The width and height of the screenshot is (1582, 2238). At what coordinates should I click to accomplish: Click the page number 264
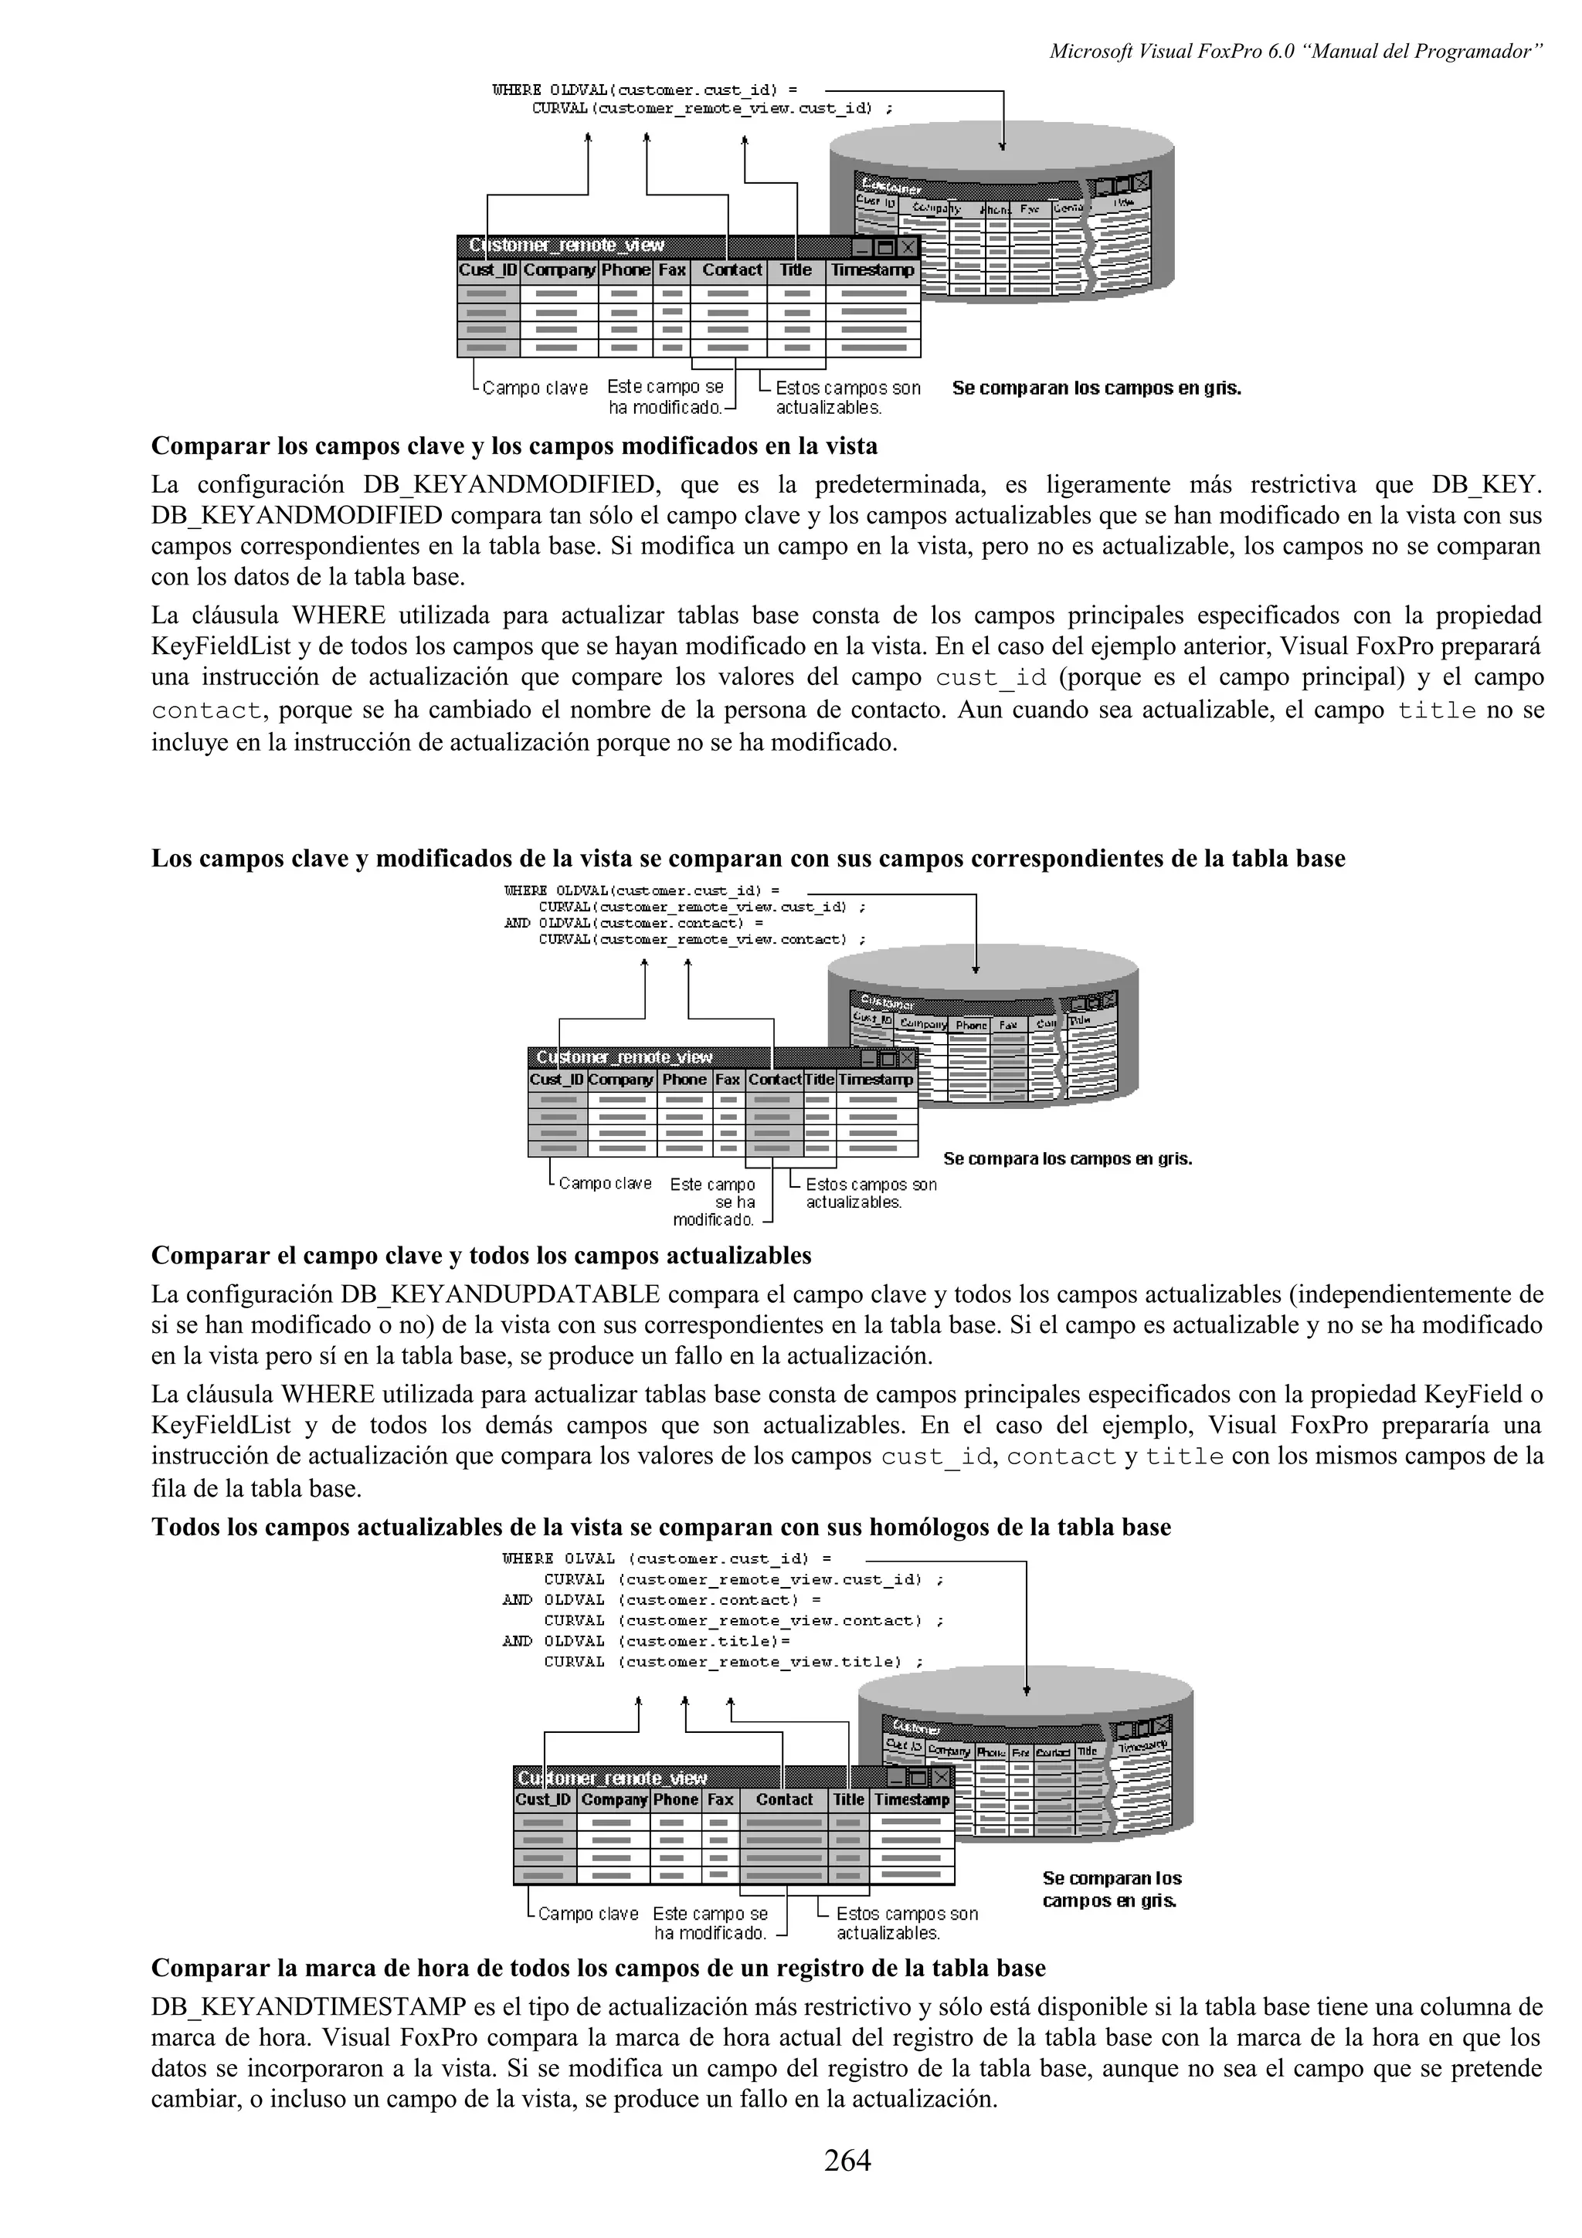click(847, 2160)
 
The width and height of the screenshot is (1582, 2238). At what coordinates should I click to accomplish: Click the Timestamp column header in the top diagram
click(872, 270)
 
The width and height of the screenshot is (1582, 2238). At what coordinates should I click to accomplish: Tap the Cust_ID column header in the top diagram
click(487, 270)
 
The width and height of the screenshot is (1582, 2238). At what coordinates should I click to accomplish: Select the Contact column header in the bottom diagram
click(784, 1799)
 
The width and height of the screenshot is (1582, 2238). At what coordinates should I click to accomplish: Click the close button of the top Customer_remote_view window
click(908, 246)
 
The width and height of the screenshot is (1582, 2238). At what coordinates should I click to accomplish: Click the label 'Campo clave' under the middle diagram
click(604, 1183)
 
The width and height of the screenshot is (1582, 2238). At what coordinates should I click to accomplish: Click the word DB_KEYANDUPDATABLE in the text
click(500, 1294)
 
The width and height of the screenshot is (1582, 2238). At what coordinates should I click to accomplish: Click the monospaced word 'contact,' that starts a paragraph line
click(207, 710)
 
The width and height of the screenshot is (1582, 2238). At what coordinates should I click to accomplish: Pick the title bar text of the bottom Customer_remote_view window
click(612, 1777)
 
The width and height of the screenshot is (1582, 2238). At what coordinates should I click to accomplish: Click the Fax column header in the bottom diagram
click(721, 1799)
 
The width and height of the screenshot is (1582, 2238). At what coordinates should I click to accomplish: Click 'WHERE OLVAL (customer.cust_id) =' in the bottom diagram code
click(667, 1558)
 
